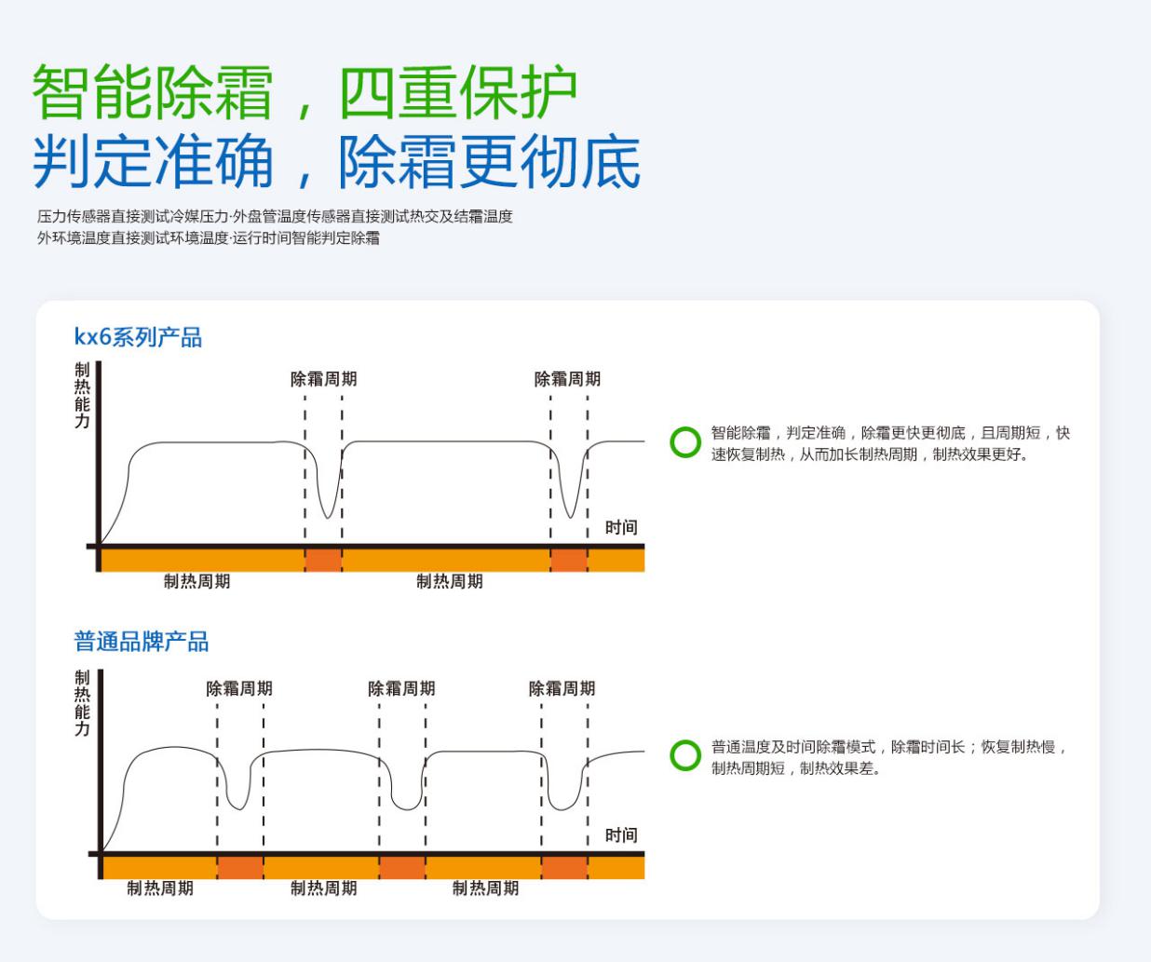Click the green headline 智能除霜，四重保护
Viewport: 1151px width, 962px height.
pos(305,93)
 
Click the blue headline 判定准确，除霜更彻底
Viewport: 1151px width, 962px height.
pos(336,161)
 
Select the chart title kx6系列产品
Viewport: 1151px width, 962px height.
pos(138,336)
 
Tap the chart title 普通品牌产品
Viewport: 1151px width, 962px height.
pos(141,642)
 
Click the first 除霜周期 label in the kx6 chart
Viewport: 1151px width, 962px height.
pos(323,379)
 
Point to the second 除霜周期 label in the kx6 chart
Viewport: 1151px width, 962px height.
pos(567,379)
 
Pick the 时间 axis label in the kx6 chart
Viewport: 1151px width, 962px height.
pos(621,527)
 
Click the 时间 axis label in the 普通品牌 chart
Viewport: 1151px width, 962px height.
pos(621,835)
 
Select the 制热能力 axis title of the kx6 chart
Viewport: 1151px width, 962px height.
pos(82,396)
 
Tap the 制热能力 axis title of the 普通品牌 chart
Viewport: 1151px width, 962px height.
pos(82,703)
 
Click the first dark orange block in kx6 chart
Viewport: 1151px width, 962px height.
pos(323,560)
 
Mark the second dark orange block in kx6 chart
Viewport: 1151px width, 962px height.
pos(569,560)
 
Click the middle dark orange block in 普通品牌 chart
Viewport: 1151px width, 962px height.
pos(402,867)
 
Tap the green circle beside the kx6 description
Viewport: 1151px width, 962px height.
pos(685,442)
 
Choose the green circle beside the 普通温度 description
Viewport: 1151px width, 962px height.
pos(685,755)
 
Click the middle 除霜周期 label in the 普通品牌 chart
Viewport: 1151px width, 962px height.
pos(401,688)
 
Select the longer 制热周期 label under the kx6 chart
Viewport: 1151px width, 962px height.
pos(450,581)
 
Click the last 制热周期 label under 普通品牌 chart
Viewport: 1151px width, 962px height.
pos(485,888)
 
